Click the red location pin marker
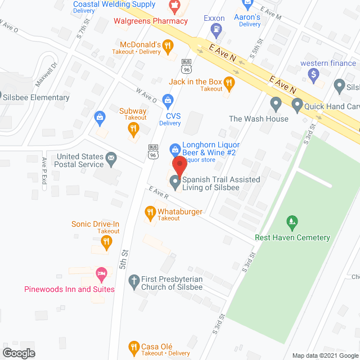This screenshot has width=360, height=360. (x=179, y=165)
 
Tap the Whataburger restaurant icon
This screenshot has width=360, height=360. (x=150, y=212)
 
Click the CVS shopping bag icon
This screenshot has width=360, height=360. (x=167, y=101)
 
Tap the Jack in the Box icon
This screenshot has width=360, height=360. (x=228, y=84)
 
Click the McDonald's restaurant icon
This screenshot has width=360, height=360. (x=168, y=48)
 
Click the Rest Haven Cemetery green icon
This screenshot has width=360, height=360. (x=291, y=221)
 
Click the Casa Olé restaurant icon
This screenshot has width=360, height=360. (x=134, y=346)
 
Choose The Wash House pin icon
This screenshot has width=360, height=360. (x=276, y=103)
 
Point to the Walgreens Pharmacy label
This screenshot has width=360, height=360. (x=151, y=21)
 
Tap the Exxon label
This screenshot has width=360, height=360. (x=214, y=18)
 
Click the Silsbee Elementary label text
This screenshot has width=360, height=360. (x=36, y=98)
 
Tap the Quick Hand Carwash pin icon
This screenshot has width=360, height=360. (x=297, y=105)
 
